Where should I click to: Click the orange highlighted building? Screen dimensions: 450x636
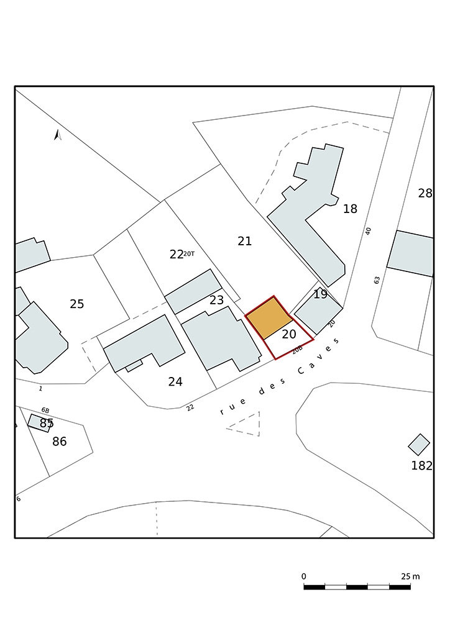pyautogui.click(x=269, y=317)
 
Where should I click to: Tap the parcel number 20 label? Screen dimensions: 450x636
pyautogui.click(x=288, y=334)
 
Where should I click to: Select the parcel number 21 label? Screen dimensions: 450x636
pyautogui.click(x=244, y=241)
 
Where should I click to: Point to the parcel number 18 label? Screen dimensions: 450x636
pyautogui.click(x=350, y=209)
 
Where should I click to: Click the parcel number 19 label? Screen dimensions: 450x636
pyautogui.click(x=320, y=294)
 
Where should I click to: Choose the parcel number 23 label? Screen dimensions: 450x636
pyautogui.click(x=216, y=300)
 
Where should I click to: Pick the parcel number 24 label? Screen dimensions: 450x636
pyautogui.click(x=175, y=382)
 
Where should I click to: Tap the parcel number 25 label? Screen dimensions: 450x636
pyautogui.click(x=76, y=304)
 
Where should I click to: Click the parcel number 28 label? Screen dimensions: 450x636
pyautogui.click(x=425, y=194)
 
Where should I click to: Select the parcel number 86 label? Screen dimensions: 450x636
pyautogui.click(x=59, y=442)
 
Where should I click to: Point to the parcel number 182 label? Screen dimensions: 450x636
pyautogui.click(x=421, y=466)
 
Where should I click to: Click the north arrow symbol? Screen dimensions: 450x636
pyautogui.click(x=58, y=135)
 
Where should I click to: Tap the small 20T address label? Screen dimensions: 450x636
pyautogui.click(x=189, y=254)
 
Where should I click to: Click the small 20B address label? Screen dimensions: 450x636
pyautogui.click(x=298, y=350)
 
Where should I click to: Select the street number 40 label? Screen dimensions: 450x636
pyautogui.click(x=368, y=231)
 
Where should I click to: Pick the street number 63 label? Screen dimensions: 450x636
pyautogui.click(x=377, y=280)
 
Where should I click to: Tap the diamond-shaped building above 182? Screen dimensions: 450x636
pyautogui.click(x=419, y=445)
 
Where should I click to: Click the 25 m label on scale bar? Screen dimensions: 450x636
pyautogui.click(x=411, y=576)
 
